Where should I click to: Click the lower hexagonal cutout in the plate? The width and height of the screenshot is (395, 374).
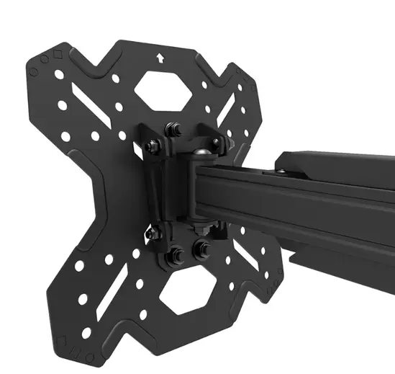click(186, 292)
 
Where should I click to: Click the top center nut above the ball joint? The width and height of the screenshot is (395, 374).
click(173, 130)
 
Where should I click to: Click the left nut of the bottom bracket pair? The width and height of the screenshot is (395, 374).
click(174, 255)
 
